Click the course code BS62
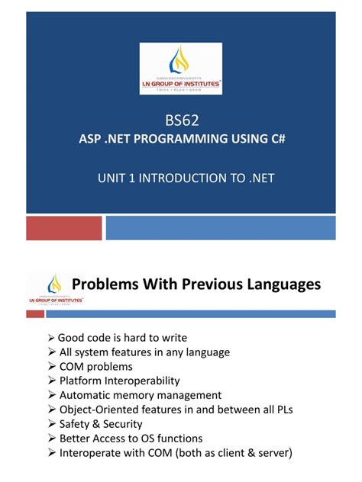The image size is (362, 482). coord(180,120)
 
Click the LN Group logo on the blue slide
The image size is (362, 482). coord(180,69)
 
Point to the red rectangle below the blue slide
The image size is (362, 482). coord(64,227)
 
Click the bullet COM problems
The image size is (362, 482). coord(95,366)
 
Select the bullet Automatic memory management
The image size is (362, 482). coord(140,395)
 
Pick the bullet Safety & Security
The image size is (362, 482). coord(101,424)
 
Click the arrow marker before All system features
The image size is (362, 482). coord(51,352)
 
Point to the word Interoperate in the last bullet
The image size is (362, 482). coord(91,453)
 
